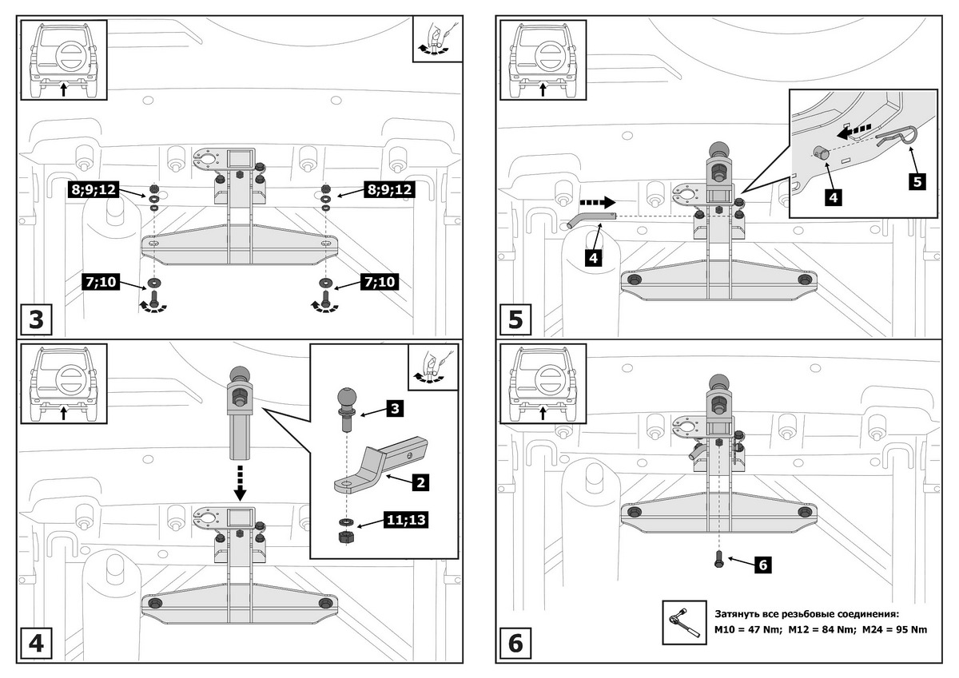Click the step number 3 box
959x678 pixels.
(x=36, y=319)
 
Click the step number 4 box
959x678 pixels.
(x=36, y=644)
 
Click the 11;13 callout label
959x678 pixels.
(x=404, y=521)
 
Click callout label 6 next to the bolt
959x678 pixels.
(x=762, y=565)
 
